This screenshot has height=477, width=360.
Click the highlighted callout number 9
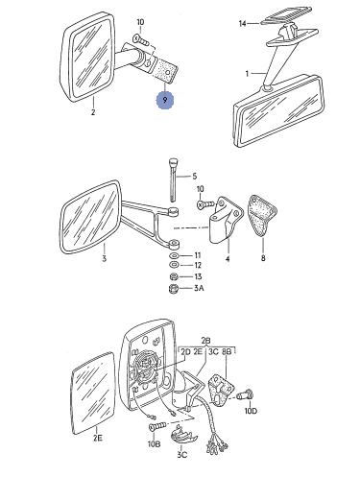[x=165, y=100]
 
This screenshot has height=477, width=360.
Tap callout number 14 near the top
[x=243, y=23]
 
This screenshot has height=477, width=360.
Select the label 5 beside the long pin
[x=195, y=176]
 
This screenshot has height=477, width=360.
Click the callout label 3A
[x=199, y=288]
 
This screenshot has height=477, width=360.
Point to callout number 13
[x=198, y=276]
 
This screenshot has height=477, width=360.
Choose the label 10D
[x=251, y=411]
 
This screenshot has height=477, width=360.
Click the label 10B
[x=154, y=444]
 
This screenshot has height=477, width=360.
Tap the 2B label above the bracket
[x=206, y=341]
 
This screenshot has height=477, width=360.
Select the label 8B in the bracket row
[x=227, y=351]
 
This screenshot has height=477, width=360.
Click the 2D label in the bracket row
[x=185, y=351]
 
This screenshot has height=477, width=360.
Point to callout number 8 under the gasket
[x=263, y=258]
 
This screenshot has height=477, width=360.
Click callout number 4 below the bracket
[x=228, y=258]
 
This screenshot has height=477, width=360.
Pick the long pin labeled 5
[x=173, y=179]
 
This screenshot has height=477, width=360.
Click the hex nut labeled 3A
[x=173, y=289]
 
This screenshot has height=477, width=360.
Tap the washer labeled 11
[x=174, y=255]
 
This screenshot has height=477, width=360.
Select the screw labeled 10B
[x=157, y=426]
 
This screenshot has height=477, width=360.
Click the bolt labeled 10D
[x=246, y=395]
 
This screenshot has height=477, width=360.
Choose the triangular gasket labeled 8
[x=262, y=215]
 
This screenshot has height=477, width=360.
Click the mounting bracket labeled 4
[x=226, y=218]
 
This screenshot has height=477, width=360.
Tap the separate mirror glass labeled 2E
[x=92, y=394]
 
